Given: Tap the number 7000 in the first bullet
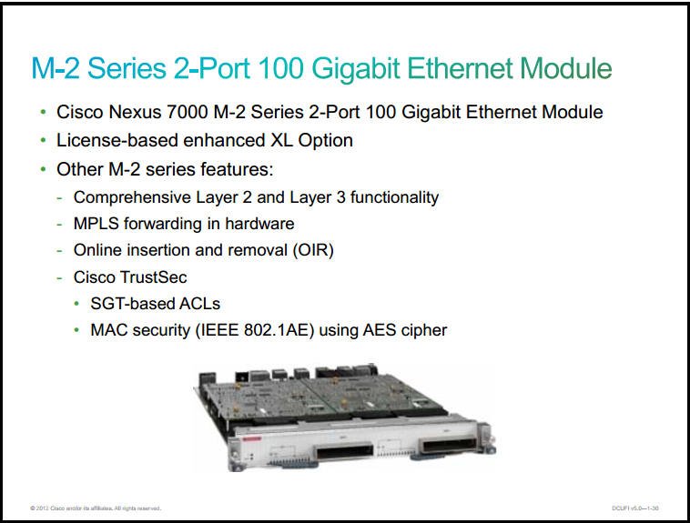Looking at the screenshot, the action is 187,112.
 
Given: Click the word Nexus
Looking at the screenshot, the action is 135,112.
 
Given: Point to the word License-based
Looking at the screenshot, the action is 117,140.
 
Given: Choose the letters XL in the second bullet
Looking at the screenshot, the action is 281,140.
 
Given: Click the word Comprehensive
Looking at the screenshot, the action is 132,197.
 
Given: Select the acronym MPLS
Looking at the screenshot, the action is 96,224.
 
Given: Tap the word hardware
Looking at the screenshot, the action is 259,224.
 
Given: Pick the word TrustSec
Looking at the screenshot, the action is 154,277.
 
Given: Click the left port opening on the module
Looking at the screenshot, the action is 344,452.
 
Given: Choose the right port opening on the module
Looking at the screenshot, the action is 449,444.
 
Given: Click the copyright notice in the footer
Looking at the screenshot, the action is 96,508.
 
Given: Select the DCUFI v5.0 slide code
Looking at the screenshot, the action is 635,508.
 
